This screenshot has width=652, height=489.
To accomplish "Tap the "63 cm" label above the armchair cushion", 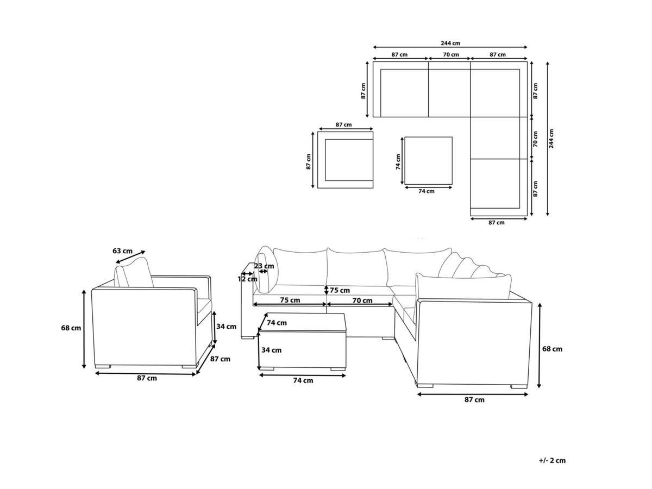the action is coord(122,251).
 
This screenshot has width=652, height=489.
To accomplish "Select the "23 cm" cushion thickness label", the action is coord(264,266).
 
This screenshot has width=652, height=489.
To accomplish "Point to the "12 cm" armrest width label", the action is coord(247,279).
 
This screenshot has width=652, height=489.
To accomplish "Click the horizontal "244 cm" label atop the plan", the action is coord(450,43).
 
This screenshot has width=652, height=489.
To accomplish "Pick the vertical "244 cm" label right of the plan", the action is coord(551,139).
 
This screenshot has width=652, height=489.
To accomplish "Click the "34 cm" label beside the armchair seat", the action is coord(227,327).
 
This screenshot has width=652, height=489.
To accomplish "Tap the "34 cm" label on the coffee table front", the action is coord(272,350).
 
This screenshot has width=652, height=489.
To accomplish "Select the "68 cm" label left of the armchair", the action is coord(71,328).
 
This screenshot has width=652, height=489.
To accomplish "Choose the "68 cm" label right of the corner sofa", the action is coord(552,349).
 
